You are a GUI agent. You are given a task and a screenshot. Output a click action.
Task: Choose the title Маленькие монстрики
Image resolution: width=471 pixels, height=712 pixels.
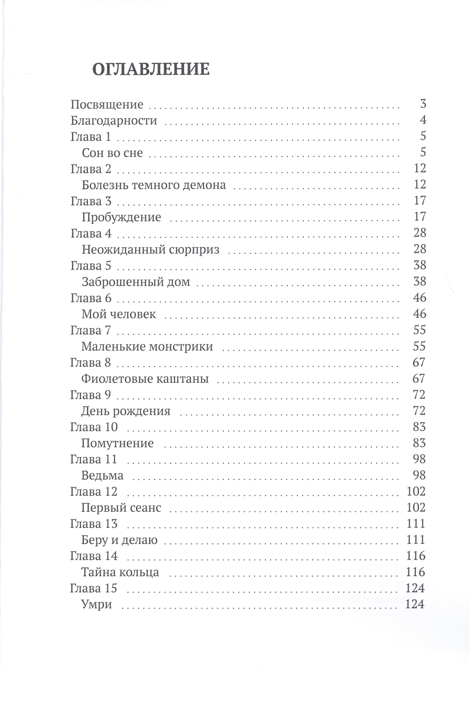(147, 347)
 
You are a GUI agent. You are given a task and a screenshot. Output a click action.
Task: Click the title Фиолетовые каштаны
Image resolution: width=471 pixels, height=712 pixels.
(145, 379)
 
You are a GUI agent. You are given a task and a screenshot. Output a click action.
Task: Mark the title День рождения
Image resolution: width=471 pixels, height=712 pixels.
(126, 411)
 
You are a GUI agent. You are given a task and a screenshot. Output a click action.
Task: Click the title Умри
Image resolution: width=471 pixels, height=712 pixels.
(96, 604)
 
